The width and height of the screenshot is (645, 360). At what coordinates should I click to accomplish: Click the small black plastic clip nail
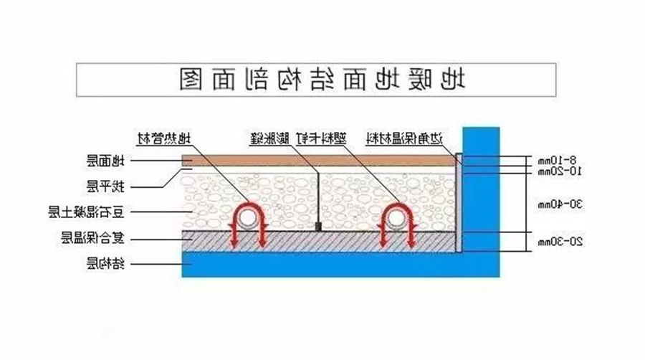317,227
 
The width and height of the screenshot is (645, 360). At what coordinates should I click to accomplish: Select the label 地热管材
166,138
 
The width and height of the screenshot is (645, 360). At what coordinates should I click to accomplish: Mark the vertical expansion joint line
317,194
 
